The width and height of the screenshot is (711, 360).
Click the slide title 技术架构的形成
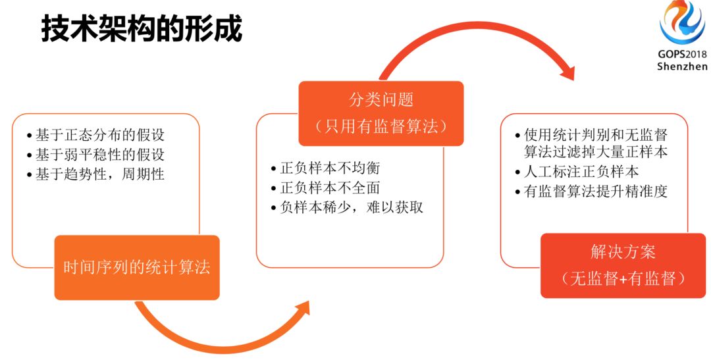tap(142, 30)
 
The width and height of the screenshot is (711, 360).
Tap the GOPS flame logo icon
tap(682, 23)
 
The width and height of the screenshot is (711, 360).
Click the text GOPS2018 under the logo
tap(682, 55)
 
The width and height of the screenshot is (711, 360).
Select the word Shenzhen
tap(682, 66)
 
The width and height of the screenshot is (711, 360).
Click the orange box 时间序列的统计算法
tap(137, 268)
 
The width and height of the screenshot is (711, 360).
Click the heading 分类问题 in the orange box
tap(381, 100)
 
